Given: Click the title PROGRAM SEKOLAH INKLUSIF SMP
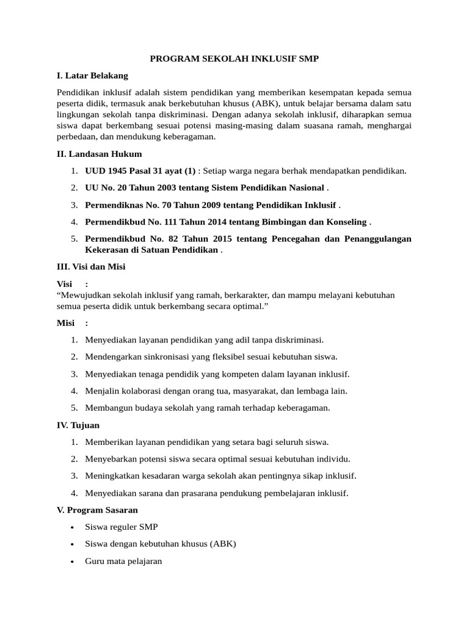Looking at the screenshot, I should (234, 59).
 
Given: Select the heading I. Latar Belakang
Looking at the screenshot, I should (92, 76).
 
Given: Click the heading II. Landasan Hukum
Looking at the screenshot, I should (99, 154).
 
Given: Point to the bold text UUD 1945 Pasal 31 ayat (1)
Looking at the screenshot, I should (140, 171).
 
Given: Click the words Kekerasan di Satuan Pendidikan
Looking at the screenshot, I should (151, 250).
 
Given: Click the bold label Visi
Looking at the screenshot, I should (64, 284).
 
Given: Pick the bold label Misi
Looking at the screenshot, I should (65, 323).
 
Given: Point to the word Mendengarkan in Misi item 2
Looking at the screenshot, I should (113, 356).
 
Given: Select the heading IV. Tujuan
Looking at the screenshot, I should (78, 425).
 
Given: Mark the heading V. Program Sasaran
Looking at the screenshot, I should (98, 510).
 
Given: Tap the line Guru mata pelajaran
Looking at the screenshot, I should (123, 560).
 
